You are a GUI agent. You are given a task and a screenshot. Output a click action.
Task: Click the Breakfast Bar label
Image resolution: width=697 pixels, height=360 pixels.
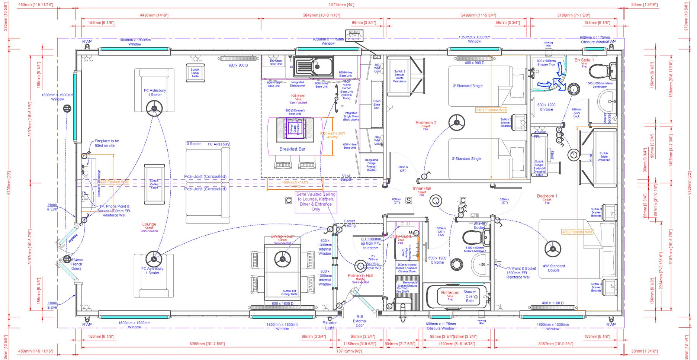click(x=292, y=149)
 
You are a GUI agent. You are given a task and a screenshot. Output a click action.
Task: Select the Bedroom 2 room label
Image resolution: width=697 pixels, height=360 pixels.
click(x=426, y=123)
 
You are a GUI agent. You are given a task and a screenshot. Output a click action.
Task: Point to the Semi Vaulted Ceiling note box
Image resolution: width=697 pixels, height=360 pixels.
click(x=316, y=202)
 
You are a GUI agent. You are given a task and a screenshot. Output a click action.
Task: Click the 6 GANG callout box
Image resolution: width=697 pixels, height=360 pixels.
click(x=354, y=35)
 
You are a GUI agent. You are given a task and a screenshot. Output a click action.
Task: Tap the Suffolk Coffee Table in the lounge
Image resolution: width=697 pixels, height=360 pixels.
click(x=154, y=184)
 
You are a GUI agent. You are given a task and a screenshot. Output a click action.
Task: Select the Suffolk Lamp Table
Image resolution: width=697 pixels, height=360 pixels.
click(x=195, y=72)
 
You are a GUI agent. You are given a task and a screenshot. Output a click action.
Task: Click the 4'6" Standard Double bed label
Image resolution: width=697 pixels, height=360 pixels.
click(x=553, y=268)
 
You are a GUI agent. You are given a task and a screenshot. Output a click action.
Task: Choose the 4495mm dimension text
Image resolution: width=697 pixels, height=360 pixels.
click(x=154, y=15)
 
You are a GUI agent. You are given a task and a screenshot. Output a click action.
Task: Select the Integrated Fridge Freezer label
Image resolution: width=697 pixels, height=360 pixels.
click(x=371, y=164)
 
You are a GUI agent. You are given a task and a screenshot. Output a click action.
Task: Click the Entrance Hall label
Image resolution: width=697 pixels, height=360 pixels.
click(x=360, y=276)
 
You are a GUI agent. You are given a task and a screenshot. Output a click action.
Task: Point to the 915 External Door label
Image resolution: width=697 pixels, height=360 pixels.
click(x=359, y=321)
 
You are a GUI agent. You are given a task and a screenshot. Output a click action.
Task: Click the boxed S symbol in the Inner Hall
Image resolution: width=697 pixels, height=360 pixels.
click(x=408, y=200)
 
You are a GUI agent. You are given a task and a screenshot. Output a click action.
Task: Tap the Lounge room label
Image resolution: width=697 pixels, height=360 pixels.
click(x=149, y=224)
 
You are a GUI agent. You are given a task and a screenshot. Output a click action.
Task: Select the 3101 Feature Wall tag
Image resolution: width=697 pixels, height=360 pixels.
click(x=491, y=110)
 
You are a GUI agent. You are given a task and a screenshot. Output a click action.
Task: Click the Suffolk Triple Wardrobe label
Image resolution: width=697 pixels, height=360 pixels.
click(x=604, y=156)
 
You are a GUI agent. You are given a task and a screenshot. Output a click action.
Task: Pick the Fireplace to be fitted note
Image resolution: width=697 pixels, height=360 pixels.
click(x=106, y=143)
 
